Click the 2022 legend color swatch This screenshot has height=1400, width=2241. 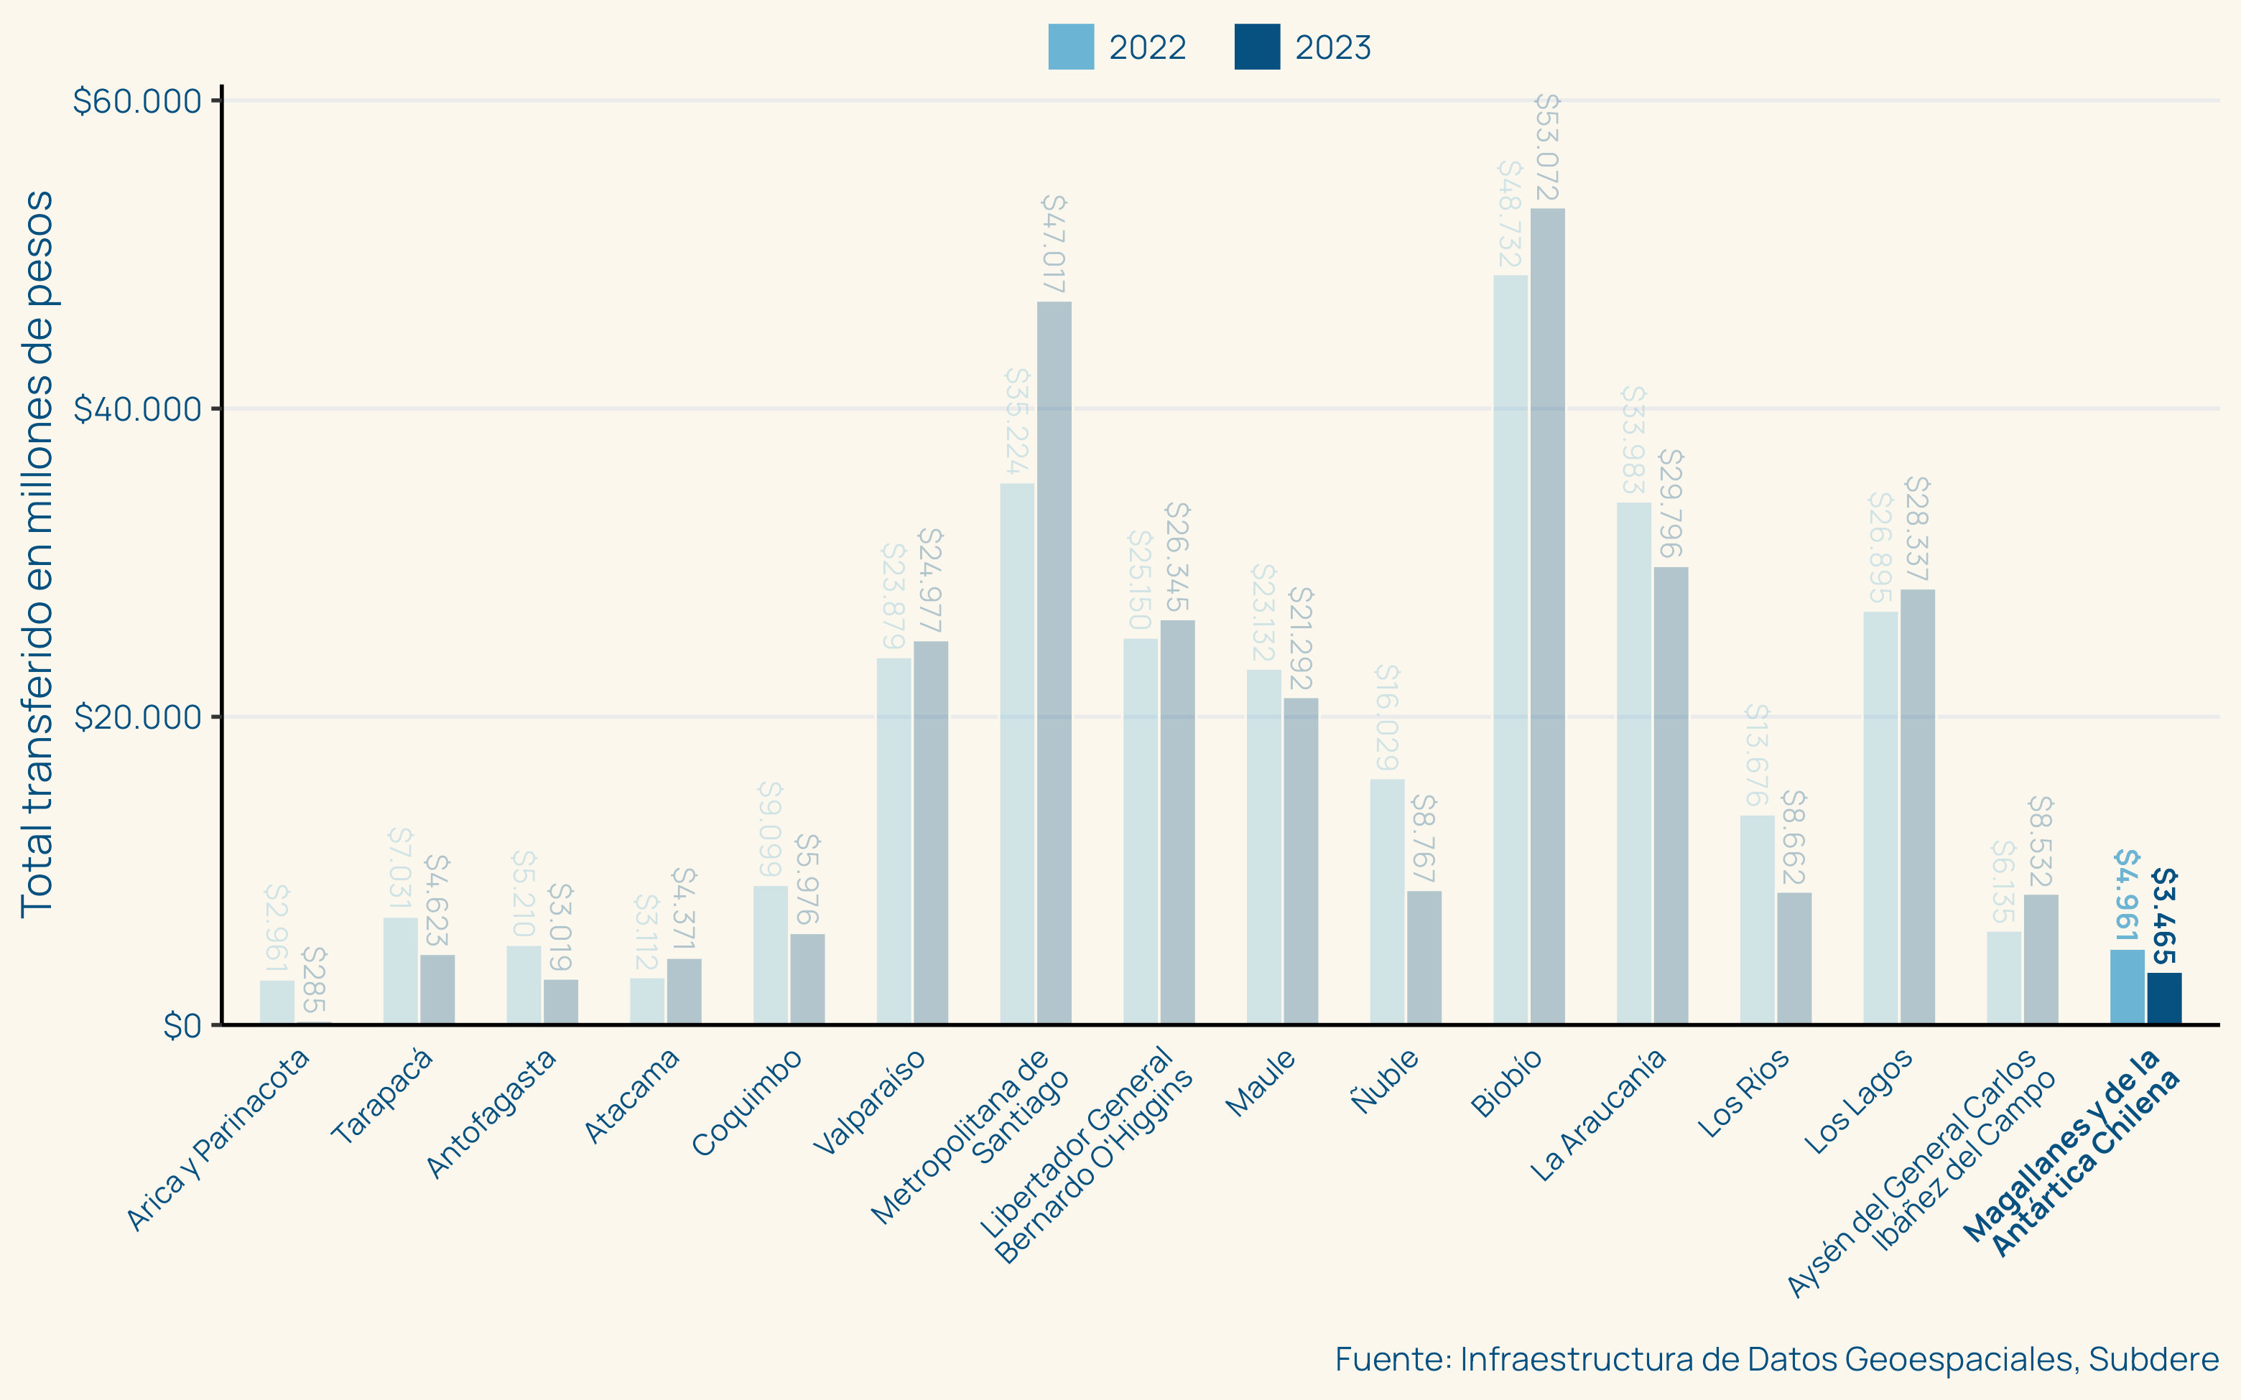tap(1070, 47)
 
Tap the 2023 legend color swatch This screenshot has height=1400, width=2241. tap(1257, 47)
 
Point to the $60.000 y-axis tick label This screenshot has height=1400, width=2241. tap(137, 101)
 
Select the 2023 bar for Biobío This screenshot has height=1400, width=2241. tap(1547, 616)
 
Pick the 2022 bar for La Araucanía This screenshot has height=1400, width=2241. tap(1633, 763)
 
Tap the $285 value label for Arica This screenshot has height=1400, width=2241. tap(314, 979)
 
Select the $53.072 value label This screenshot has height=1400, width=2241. tap(1547, 147)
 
